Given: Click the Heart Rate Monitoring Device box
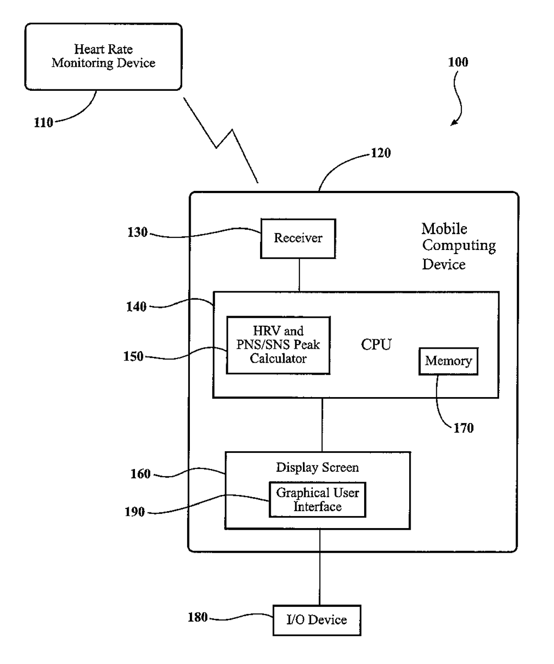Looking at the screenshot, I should [103, 57].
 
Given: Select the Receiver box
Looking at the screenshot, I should [298, 238].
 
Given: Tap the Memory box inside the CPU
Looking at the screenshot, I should [448, 361].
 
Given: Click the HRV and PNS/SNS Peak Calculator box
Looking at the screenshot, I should [278, 345].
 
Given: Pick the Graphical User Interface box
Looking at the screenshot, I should [317, 499].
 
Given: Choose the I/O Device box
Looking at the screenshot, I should [317, 620].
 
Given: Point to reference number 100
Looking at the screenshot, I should [458, 62].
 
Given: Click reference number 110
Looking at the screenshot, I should [43, 123].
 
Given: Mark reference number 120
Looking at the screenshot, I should [381, 153].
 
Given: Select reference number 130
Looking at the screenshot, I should [138, 232].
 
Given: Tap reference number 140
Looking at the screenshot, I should [136, 307].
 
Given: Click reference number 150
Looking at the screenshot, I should [133, 356].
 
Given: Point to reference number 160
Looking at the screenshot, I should [140, 474].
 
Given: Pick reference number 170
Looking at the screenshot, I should [463, 428].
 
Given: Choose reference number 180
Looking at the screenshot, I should [197, 617].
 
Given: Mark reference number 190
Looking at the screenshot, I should [134, 512].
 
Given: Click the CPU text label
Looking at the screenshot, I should [376, 344].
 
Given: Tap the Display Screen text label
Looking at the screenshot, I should [317, 467].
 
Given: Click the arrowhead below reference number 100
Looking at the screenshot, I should [453, 123].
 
